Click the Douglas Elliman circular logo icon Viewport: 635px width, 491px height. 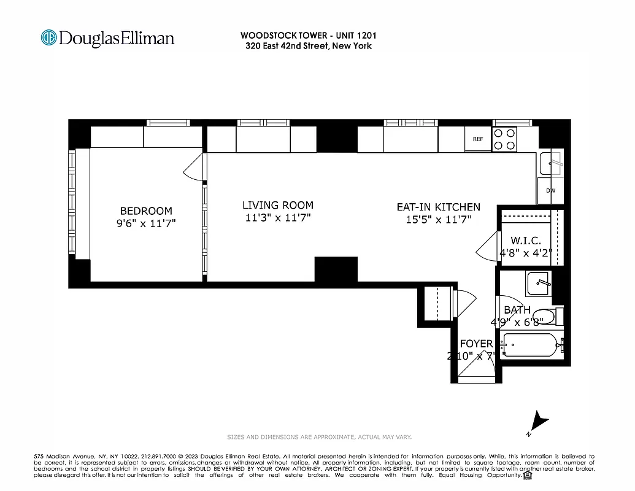click(x=48, y=38)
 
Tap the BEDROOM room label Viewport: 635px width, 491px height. click(x=146, y=211)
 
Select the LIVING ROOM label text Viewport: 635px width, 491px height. click(x=277, y=205)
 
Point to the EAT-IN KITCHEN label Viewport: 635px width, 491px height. click(x=438, y=207)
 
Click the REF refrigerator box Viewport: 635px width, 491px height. click(x=478, y=139)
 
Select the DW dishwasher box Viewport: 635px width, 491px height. click(x=550, y=190)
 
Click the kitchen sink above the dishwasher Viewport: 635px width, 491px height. click(x=550, y=163)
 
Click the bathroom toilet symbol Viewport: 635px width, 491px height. click(x=544, y=317)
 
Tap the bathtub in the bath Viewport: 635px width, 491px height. click(x=531, y=345)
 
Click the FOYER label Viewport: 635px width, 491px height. click(x=476, y=344)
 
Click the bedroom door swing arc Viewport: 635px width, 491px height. click(x=194, y=167)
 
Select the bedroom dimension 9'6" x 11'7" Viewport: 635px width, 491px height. click(x=146, y=223)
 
